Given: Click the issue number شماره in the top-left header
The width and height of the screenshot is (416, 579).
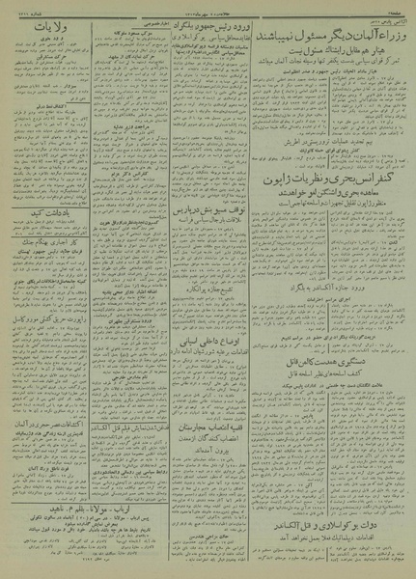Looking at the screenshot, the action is click(x=23, y=8).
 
